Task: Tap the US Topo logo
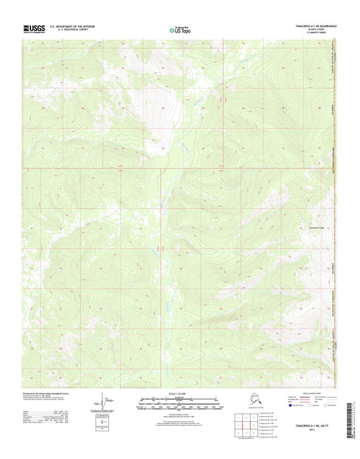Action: pos(180,29)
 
